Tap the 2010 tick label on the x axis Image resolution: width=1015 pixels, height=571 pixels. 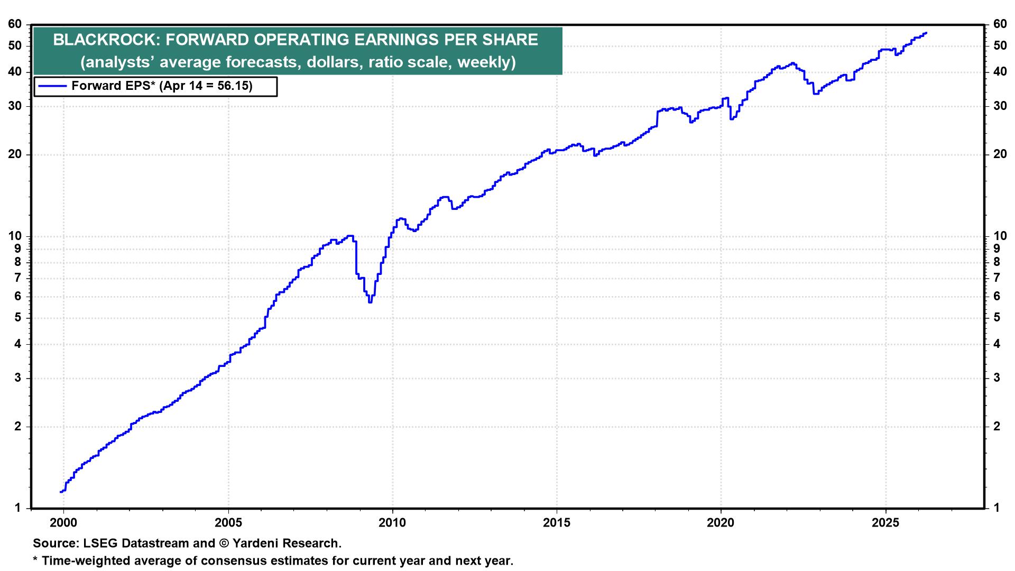pyautogui.click(x=392, y=523)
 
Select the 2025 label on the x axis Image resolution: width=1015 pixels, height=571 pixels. pyautogui.click(x=885, y=523)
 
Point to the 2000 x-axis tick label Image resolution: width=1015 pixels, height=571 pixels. pyautogui.click(x=63, y=523)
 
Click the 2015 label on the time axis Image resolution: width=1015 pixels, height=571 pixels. pyautogui.click(x=557, y=523)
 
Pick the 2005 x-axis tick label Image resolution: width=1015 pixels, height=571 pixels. pyautogui.click(x=228, y=523)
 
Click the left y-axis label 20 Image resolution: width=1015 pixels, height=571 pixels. pyautogui.click(x=15, y=155)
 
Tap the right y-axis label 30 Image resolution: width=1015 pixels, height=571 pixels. pyautogui.click(x=999, y=106)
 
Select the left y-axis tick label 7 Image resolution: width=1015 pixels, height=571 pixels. pyautogui.click(x=19, y=278)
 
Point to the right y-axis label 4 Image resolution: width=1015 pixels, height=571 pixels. pyautogui.click(x=996, y=344)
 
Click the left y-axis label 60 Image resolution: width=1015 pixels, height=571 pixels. pyautogui.click(x=15, y=24)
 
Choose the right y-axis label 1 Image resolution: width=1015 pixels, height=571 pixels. pyautogui.click(x=996, y=509)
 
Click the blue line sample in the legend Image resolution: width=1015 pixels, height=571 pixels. pyautogui.click(x=52, y=86)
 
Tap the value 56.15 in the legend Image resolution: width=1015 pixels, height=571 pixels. pyautogui.click(x=234, y=86)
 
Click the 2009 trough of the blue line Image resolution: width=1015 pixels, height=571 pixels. pyautogui.click(x=370, y=302)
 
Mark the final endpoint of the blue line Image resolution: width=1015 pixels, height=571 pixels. pyautogui.click(x=926, y=33)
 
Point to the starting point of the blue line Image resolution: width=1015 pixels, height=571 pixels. pyautogui.click(x=61, y=492)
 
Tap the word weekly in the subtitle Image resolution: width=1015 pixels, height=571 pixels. pyautogui.click(x=484, y=62)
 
